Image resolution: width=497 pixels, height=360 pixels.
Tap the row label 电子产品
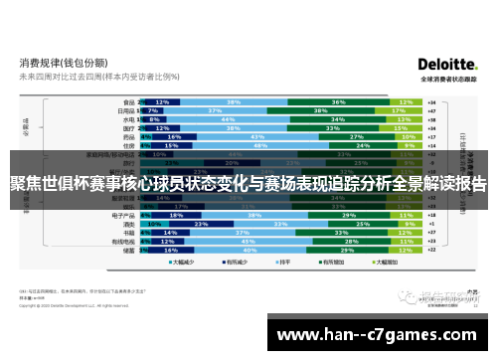(123, 214)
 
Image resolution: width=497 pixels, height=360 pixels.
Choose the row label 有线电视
(123, 242)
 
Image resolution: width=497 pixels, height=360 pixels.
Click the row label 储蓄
(128, 251)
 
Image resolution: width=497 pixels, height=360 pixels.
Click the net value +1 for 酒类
(431, 224)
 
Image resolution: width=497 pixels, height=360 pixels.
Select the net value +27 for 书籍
(431, 233)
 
